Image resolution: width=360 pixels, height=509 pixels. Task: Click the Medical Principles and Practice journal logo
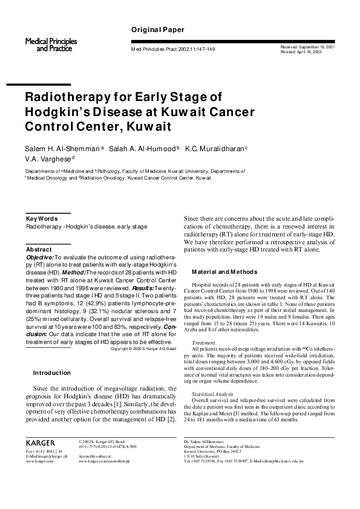click(x=47, y=44)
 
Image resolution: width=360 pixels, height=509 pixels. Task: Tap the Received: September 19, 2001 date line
click(x=308, y=47)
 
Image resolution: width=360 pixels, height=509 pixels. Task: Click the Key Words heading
click(x=42, y=218)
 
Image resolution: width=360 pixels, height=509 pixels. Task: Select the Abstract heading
click(x=39, y=249)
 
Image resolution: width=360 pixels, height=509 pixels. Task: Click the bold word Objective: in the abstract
click(x=41, y=257)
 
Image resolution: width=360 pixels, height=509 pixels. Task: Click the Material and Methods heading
click(x=224, y=271)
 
